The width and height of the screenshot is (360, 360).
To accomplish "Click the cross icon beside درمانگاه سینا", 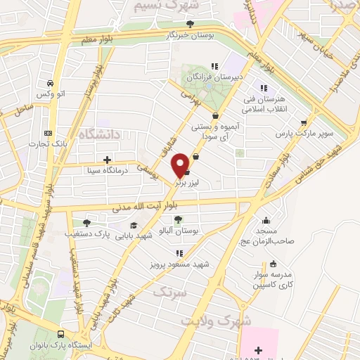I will [106, 160].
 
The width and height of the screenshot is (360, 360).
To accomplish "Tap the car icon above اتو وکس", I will [51, 83].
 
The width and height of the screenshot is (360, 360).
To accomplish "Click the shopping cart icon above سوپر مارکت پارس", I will [304, 121].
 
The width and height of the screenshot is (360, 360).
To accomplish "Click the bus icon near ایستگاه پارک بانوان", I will [62, 335].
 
